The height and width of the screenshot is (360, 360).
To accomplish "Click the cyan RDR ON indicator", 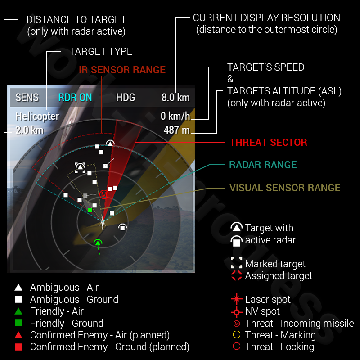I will (x=75, y=98).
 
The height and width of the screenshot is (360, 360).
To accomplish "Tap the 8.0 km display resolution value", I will (x=175, y=98).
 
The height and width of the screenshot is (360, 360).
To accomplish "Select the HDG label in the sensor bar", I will (x=126, y=98).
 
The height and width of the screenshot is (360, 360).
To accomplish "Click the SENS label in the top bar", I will (x=27, y=98).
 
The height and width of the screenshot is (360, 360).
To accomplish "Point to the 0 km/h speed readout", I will (x=175, y=117).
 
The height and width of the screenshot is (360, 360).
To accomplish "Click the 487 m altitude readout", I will (x=177, y=130).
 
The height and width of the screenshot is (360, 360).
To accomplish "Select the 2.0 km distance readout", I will (x=30, y=130).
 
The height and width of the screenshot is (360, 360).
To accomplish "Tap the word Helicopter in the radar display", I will (x=37, y=117).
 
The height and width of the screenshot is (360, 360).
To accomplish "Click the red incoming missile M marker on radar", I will (x=104, y=194).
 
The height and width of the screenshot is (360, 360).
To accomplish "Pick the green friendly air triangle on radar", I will (x=98, y=243).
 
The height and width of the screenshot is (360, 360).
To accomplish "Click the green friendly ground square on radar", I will (x=90, y=210).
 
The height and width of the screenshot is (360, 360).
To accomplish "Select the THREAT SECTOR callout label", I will (x=268, y=143).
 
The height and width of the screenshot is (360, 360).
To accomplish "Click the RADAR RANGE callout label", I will (x=263, y=165).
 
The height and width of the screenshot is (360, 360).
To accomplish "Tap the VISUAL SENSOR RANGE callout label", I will (x=285, y=188).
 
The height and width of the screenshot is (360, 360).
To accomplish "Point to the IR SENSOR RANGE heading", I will (x=122, y=70).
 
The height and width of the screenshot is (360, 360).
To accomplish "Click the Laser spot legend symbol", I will (x=236, y=300).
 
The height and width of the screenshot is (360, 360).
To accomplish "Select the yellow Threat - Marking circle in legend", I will (x=236, y=335).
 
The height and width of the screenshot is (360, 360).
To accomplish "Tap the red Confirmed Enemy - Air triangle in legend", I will (x=18, y=335).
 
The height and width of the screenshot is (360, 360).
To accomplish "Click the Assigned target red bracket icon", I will (x=236, y=275).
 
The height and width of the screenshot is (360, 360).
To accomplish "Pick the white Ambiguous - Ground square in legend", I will (x=18, y=299).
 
